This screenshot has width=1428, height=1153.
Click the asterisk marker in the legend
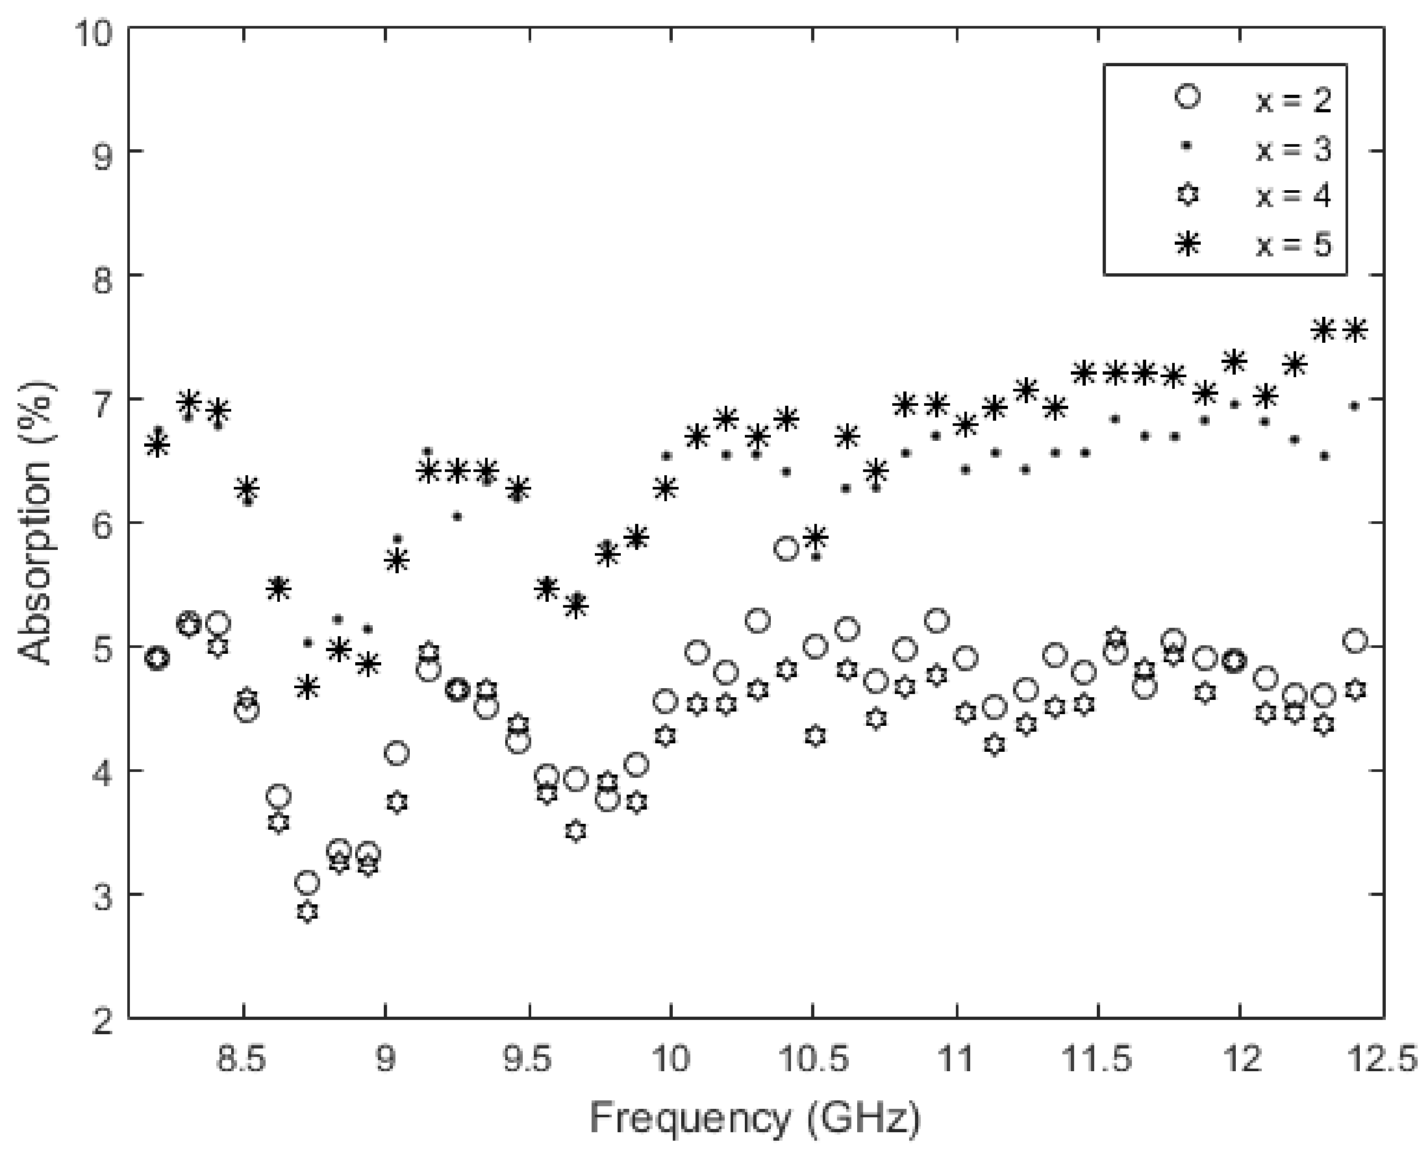click(x=1188, y=245)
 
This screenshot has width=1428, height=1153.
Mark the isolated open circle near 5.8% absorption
click(x=786, y=549)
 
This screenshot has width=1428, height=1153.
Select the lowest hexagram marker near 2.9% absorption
click(x=307, y=912)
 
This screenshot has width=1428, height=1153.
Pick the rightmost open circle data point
click(x=1355, y=641)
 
